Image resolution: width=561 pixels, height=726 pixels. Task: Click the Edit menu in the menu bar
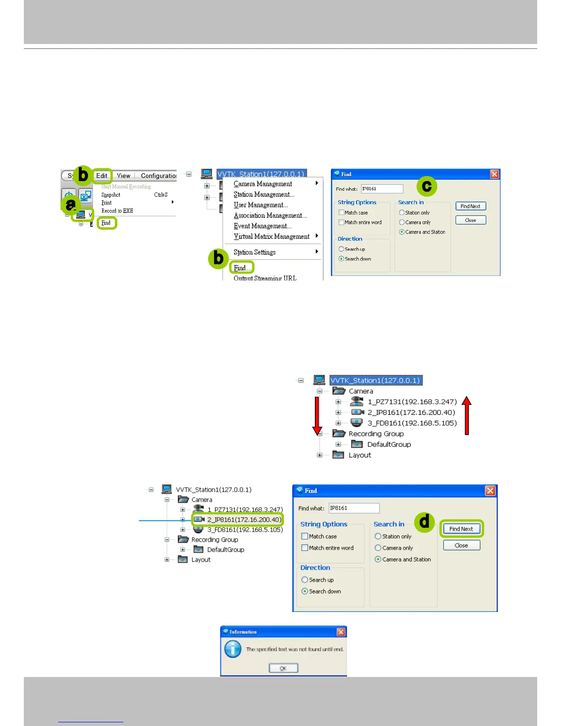pyautogui.click(x=102, y=176)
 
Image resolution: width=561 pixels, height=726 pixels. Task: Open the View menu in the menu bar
pyautogui.click(x=123, y=176)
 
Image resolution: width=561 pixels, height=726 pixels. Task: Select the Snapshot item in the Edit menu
pyautogui.click(x=111, y=195)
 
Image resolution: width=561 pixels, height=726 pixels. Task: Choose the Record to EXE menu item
pyautogui.click(x=117, y=211)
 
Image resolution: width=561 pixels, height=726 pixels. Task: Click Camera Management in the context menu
pyautogui.click(x=263, y=184)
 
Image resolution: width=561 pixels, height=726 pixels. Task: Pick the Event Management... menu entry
pyautogui.click(x=262, y=226)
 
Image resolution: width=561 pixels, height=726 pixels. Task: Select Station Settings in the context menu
pyautogui.click(x=254, y=252)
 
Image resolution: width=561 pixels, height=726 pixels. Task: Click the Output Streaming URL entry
pyautogui.click(x=265, y=278)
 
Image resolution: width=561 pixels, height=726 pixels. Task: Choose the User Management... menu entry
pyautogui.click(x=261, y=205)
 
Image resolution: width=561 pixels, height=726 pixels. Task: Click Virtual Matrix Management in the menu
pyautogui.click(x=271, y=236)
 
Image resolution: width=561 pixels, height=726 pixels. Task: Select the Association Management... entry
pyautogui.click(x=270, y=215)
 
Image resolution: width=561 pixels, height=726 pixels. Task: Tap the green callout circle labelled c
pyautogui.click(x=427, y=186)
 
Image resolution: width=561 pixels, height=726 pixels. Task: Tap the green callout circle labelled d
pyautogui.click(x=425, y=522)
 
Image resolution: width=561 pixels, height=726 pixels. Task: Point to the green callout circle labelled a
pyautogui.click(x=71, y=204)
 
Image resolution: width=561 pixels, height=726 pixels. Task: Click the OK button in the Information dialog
pyautogui.click(x=283, y=668)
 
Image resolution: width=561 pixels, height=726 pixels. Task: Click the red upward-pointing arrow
pyautogui.click(x=467, y=415)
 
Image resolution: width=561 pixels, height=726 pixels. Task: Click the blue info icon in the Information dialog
pyautogui.click(x=233, y=649)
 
